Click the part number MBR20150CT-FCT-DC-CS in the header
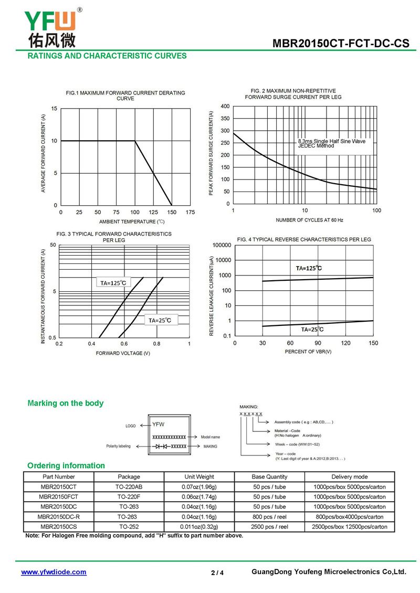coord(341,43)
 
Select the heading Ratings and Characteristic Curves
coord(107,56)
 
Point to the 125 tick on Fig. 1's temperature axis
coord(153,212)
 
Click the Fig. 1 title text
coord(125,96)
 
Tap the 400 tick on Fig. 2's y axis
coord(225,107)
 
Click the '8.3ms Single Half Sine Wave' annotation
coord(331,141)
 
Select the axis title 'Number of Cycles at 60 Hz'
coord(310,220)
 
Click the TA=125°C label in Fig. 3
coord(113,283)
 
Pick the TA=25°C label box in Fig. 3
coord(160,320)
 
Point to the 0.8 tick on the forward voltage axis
coord(156,344)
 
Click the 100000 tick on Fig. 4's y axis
coord(222,245)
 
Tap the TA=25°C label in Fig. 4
coord(312,330)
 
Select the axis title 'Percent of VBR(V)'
coord(308,351)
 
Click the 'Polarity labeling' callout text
coord(119,446)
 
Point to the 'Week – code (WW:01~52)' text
coord(297,444)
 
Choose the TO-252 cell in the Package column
coord(129,526)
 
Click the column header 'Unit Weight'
coord(199,476)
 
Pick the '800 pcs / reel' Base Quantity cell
coord(269,516)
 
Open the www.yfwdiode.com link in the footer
coord(54,572)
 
